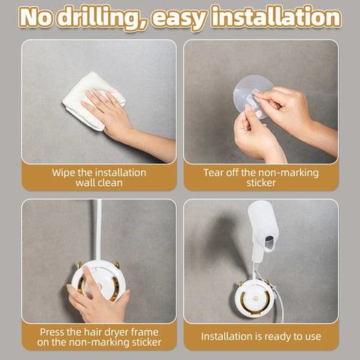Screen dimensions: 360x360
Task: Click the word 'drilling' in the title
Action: point(103,17)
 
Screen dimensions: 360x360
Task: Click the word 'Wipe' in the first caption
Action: point(65,172)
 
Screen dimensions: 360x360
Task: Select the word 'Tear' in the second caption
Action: point(215,172)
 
